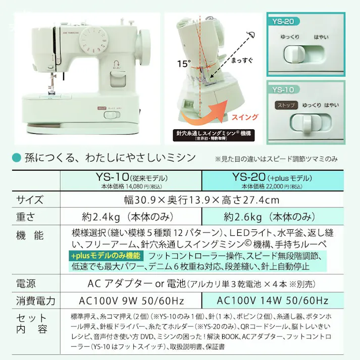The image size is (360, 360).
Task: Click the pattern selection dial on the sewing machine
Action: point(94,40)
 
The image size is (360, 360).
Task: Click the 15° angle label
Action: point(184,64)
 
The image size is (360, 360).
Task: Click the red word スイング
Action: point(245,117)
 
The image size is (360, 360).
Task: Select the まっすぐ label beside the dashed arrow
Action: point(242,61)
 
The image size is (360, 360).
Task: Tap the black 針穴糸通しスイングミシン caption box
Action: point(214,135)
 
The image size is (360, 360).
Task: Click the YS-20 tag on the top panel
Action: point(283,21)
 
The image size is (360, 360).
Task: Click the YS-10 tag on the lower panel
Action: point(283,89)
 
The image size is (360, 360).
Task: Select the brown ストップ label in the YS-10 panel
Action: point(286,106)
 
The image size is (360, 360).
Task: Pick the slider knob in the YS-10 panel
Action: point(306,124)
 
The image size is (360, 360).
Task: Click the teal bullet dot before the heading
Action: point(16,158)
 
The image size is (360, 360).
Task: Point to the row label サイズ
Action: point(30,199)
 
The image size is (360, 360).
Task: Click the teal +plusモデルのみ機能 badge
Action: point(106,255)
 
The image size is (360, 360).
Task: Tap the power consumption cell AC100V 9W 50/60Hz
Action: point(131,300)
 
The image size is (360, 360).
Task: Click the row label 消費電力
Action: point(35,301)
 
